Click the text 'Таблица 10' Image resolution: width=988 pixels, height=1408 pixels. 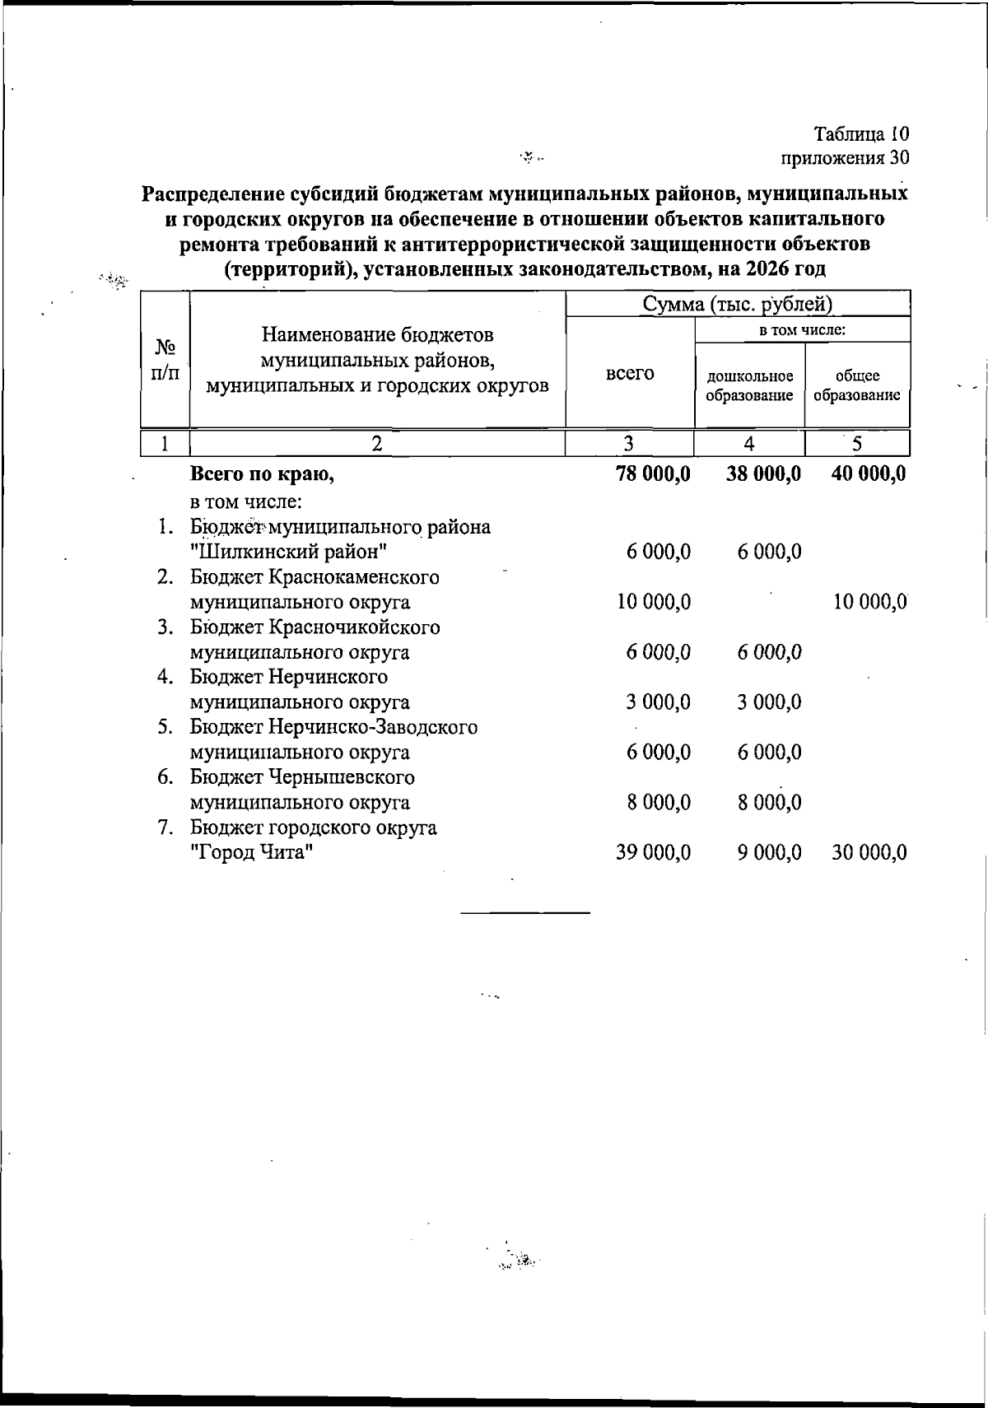click(861, 133)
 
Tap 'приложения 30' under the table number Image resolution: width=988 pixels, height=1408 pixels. click(845, 156)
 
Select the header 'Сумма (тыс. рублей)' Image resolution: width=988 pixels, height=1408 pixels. click(738, 304)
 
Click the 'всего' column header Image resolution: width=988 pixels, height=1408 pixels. click(630, 373)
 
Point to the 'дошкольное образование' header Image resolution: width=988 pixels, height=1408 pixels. click(750, 385)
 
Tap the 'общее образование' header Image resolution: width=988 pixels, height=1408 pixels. click(857, 385)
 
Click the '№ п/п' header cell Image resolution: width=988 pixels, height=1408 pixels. click(165, 360)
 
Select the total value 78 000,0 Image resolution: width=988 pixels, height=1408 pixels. click(653, 473)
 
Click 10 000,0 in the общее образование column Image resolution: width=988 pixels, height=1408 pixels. click(869, 602)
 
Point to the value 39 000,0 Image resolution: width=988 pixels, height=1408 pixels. click(654, 852)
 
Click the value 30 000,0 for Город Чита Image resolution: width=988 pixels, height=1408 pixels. click(869, 852)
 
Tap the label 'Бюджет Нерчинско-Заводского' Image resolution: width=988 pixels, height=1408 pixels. click(333, 727)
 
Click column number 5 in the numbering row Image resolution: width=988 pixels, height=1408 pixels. click(857, 444)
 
